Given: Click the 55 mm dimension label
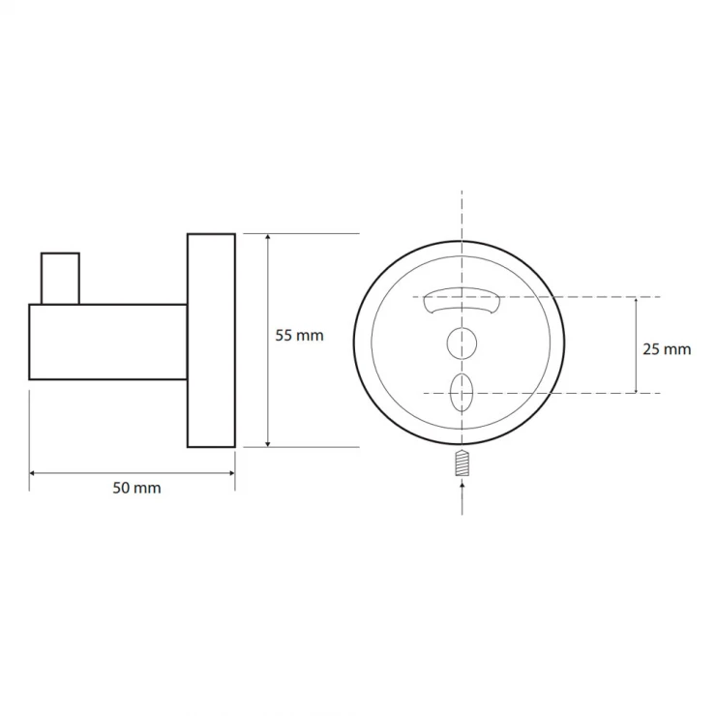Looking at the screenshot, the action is (x=299, y=336).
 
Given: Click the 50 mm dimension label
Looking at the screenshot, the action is (x=136, y=489).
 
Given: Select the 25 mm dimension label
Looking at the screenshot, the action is (x=667, y=349).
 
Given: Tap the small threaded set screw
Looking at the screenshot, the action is (x=462, y=463).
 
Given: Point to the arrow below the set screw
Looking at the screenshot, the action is (x=462, y=497).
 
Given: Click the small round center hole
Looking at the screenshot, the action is (x=462, y=343).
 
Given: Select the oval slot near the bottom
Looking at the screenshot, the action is (x=462, y=393).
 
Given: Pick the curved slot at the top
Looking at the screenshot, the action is (x=462, y=301).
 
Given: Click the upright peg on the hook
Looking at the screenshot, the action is (x=60, y=278).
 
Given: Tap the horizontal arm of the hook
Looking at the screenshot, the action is (x=107, y=342).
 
